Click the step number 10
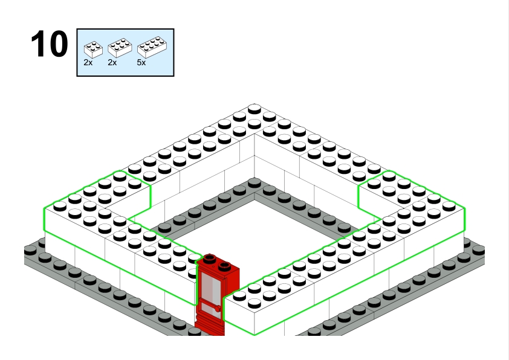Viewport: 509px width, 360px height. pyautogui.click(x=50, y=43)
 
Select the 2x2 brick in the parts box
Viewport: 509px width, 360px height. pyautogui.click(x=93, y=50)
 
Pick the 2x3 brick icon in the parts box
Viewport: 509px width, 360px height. pyautogui.click(x=120, y=48)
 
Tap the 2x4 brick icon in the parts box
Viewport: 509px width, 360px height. pyautogui.click(x=152, y=47)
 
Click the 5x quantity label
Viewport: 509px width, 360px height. pyautogui.click(x=141, y=63)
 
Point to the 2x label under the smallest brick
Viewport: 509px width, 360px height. pyautogui.click(x=88, y=63)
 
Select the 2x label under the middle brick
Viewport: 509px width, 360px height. pyautogui.click(x=112, y=63)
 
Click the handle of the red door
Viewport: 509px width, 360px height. pyautogui.click(x=217, y=308)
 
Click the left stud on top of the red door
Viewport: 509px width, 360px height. pyautogui.click(x=209, y=258)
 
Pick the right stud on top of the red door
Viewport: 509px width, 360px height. pyautogui.click(x=224, y=266)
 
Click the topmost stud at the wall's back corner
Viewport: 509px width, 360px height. pyautogui.click(x=254, y=109)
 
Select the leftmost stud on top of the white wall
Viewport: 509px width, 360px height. pyautogui.click(x=60, y=206)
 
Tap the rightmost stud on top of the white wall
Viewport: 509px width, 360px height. pyautogui.click(x=449, y=206)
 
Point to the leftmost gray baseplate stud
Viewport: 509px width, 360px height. pyautogui.click(x=30, y=250)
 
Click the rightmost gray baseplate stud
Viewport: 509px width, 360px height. pyautogui.click(x=479, y=250)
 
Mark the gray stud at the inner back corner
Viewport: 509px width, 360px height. pyautogui.click(x=254, y=183)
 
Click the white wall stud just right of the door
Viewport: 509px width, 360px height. pyautogui.click(x=239, y=295)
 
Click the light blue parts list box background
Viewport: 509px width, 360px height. pyautogui.click(x=125, y=69)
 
